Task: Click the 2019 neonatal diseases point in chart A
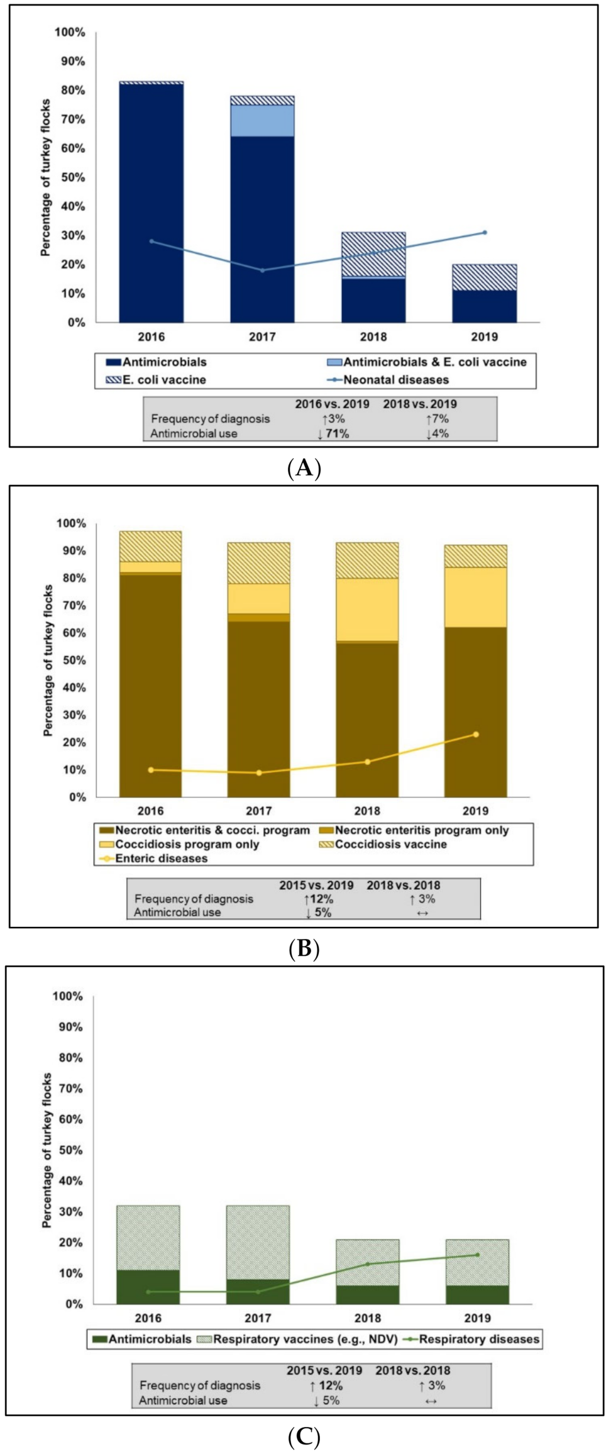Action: [484, 233]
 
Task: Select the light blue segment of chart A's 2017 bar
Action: [262, 121]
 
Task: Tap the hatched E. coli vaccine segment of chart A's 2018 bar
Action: [373, 253]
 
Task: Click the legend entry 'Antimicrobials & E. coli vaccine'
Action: [434, 362]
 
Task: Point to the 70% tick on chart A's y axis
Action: [73, 119]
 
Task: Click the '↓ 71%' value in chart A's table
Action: [333, 433]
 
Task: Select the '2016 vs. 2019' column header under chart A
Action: [332, 404]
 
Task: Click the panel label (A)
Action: [304, 469]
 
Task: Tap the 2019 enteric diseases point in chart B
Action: [476, 735]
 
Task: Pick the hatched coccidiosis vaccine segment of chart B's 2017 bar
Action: [259, 563]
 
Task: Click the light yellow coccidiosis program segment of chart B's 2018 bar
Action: [367, 609]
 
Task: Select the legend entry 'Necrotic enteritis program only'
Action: [421, 830]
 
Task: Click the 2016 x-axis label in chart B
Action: [150, 811]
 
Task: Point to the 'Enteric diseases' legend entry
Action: [161, 858]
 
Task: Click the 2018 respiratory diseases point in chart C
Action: [368, 1264]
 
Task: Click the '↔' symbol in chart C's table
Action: [431, 1401]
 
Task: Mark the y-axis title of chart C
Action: [47, 1150]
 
